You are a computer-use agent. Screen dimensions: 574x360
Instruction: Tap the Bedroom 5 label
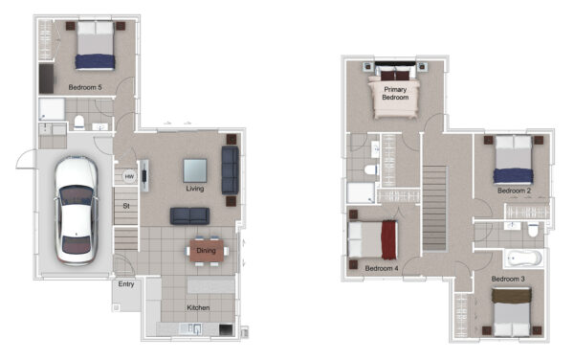(x=85, y=87)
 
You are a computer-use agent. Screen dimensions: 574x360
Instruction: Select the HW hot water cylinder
(x=129, y=176)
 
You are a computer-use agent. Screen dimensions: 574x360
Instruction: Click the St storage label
(x=126, y=206)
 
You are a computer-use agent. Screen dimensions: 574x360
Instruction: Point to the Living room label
(x=195, y=189)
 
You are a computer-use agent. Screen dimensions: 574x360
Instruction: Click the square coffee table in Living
(x=195, y=170)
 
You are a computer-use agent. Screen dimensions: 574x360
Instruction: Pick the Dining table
(x=207, y=251)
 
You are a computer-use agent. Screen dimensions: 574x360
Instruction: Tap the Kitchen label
(x=198, y=307)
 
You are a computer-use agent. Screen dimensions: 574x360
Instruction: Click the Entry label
(x=126, y=284)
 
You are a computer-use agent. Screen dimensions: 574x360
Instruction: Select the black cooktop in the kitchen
(x=226, y=330)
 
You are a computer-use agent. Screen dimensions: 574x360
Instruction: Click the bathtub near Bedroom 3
(x=524, y=259)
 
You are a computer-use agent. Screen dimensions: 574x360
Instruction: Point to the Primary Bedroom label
(x=395, y=94)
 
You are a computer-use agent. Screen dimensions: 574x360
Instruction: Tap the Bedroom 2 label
(x=514, y=191)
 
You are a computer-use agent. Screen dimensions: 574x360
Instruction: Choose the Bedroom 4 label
(x=382, y=268)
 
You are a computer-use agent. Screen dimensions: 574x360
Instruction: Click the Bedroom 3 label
(x=508, y=279)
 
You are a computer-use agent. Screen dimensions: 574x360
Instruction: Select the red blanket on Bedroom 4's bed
(x=389, y=240)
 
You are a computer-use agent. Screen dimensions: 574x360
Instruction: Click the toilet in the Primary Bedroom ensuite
(x=371, y=169)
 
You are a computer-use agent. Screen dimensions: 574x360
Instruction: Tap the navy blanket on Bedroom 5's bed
(x=95, y=62)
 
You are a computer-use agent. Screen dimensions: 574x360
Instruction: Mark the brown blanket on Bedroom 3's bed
(x=512, y=296)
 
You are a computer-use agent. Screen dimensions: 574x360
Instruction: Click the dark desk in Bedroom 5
(x=47, y=79)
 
